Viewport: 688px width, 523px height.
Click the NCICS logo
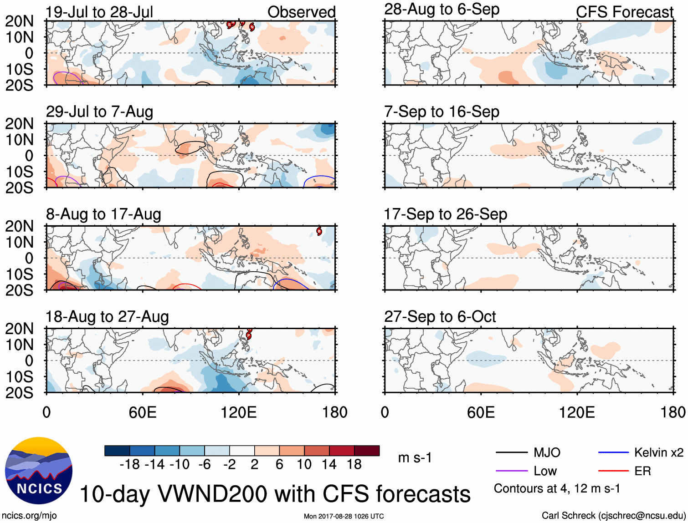coord(38,470)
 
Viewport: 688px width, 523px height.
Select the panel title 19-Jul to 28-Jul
coord(99,12)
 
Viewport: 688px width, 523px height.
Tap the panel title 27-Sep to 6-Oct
coord(440,316)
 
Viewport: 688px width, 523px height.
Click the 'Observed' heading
coord(301,12)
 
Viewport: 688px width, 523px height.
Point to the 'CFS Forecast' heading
coord(624,12)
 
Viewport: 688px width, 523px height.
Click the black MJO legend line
coord(511,452)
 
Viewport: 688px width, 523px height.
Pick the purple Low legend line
coord(511,471)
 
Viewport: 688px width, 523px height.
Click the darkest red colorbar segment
coord(367,451)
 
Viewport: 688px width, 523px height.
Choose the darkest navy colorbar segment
coord(117,451)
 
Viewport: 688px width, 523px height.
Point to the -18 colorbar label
coord(129,464)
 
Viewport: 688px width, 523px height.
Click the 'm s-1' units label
coord(415,457)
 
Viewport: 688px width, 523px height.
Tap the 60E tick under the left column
coord(143,412)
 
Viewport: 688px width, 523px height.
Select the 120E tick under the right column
coord(577,412)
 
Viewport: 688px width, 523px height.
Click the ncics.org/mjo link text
coord(29,515)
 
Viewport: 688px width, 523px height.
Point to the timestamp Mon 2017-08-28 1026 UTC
coord(344,516)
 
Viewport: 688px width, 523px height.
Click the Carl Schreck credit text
coord(613,515)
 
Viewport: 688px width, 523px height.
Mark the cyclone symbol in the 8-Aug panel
coord(319,231)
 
